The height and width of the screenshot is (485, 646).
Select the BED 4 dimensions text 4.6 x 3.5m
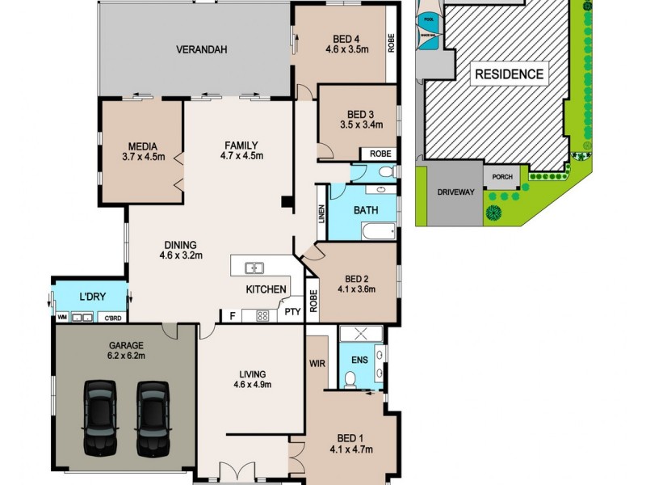point(346,49)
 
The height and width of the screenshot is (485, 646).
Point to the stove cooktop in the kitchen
point(262,316)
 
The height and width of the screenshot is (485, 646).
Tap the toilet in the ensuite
point(350,379)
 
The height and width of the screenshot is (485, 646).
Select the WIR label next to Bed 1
point(317,365)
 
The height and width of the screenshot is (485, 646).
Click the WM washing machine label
point(61,318)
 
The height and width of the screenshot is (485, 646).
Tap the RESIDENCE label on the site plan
point(508,74)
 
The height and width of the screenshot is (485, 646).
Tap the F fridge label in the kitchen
point(233,315)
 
